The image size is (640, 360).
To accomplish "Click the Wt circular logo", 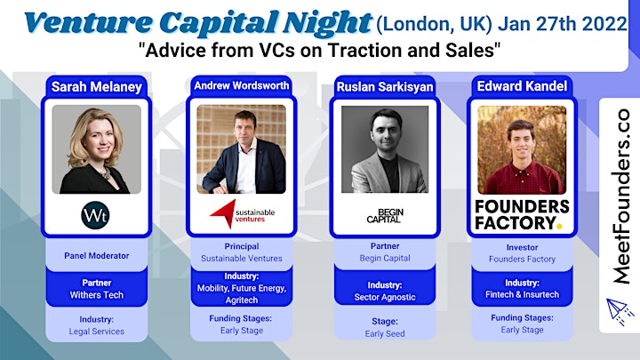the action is click(95, 215).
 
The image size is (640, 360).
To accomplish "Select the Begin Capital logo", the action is click(385, 215).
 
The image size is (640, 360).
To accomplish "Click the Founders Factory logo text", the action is click(522, 215).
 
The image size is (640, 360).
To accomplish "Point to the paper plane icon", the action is click(620, 311).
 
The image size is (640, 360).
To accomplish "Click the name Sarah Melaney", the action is click(97, 86).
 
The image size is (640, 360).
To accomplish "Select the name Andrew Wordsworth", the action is click(242, 85).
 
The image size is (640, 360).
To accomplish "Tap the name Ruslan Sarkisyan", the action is click(385, 86).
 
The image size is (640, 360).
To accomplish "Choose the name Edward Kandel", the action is click(522, 85).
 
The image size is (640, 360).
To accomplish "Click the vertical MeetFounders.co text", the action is click(621, 196).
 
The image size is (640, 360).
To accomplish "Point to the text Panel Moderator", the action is click(97, 255).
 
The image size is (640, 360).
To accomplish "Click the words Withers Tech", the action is click(97, 295).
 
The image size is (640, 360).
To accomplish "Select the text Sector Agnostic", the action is click(385, 297).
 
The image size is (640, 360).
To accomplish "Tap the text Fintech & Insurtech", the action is click(522, 294).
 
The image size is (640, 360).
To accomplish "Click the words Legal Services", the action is click(97, 332).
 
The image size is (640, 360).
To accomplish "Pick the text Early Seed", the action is click(385, 333).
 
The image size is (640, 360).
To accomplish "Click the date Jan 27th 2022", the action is click(562, 24).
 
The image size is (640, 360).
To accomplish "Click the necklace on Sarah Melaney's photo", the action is click(105, 174).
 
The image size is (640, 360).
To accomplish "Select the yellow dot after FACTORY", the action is click(559, 226).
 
